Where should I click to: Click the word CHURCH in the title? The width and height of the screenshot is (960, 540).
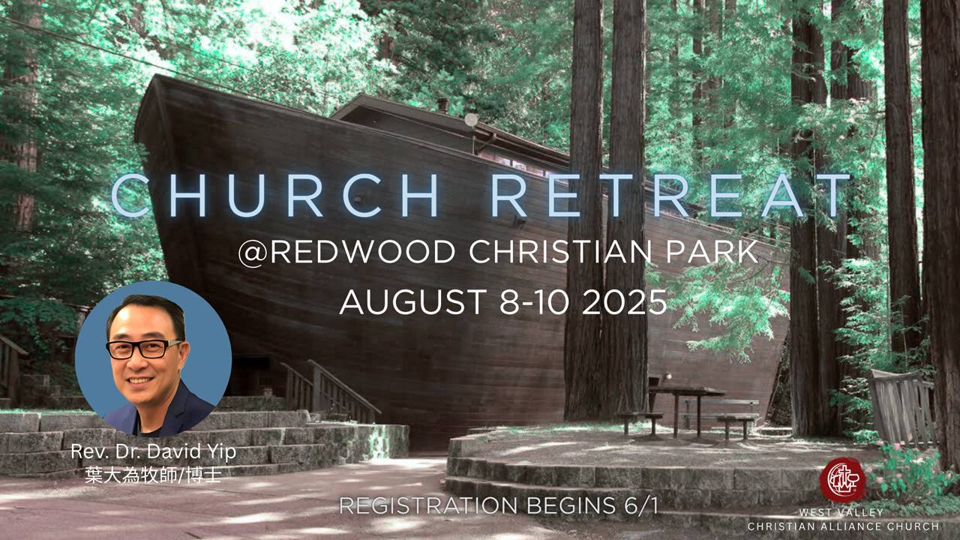(x=275, y=196)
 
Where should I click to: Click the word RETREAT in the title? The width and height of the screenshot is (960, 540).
(x=670, y=195)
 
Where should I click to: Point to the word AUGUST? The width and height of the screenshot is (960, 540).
(x=413, y=302)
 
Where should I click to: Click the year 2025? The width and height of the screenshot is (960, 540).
(x=625, y=302)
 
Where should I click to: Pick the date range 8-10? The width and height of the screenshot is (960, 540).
(x=535, y=302)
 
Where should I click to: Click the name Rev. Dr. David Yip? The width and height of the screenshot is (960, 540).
(x=154, y=451)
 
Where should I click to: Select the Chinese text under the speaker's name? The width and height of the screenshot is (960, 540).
(x=154, y=475)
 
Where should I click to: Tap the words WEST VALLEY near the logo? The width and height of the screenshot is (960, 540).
(x=841, y=512)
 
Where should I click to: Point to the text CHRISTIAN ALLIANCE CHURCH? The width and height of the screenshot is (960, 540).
(x=844, y=526)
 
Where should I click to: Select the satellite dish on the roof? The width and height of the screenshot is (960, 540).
(x=471, y=120)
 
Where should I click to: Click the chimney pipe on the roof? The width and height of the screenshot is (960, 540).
(x=442, y=105)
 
